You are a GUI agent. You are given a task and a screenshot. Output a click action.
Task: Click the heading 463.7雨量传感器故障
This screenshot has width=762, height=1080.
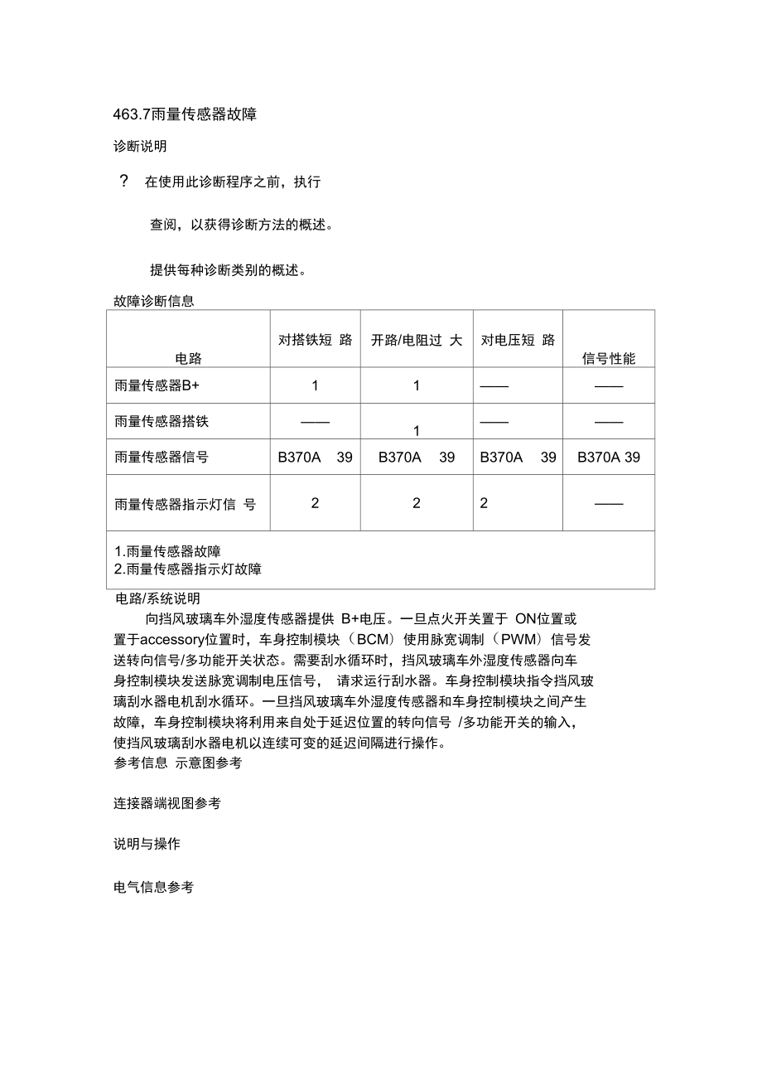click(185, 114)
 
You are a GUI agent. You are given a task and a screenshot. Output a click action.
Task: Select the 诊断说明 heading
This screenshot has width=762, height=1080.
click(140, 146)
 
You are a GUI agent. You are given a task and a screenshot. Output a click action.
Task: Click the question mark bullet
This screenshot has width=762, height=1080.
click(124, 182)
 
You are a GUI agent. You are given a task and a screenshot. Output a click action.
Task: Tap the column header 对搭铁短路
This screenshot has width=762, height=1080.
click(315, 340)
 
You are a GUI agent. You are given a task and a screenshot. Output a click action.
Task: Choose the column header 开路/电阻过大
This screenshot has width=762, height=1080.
click(416, 340)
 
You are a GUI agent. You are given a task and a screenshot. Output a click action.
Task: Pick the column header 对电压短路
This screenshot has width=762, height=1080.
click(518, 340)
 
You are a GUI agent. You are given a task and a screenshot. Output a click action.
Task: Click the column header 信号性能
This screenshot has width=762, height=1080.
click(609, 358)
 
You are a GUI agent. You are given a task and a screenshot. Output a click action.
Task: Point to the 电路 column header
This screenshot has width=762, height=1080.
click(188, 358)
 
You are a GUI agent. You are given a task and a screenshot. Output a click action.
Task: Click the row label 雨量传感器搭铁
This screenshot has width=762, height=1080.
click(162, 421)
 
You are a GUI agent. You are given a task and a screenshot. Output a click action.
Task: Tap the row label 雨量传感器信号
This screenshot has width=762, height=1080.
click(162, 457)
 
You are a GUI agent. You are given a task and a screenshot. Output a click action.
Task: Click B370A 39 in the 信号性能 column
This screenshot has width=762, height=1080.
click(609, 457)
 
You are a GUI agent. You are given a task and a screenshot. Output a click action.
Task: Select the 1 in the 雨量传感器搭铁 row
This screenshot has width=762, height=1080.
click(417, 430)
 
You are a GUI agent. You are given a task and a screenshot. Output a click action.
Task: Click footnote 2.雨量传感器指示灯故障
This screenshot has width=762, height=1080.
click(188, 569)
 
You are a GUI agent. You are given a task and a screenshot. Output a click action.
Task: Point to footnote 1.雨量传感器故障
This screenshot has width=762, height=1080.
click(167, 551)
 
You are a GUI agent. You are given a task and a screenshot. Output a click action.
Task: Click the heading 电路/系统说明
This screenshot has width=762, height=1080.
click(157, 598)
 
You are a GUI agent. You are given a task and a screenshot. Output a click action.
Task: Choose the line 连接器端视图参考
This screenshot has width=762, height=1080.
click(166, 803)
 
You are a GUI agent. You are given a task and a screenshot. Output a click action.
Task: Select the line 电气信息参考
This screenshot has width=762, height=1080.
click(153, 887)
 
